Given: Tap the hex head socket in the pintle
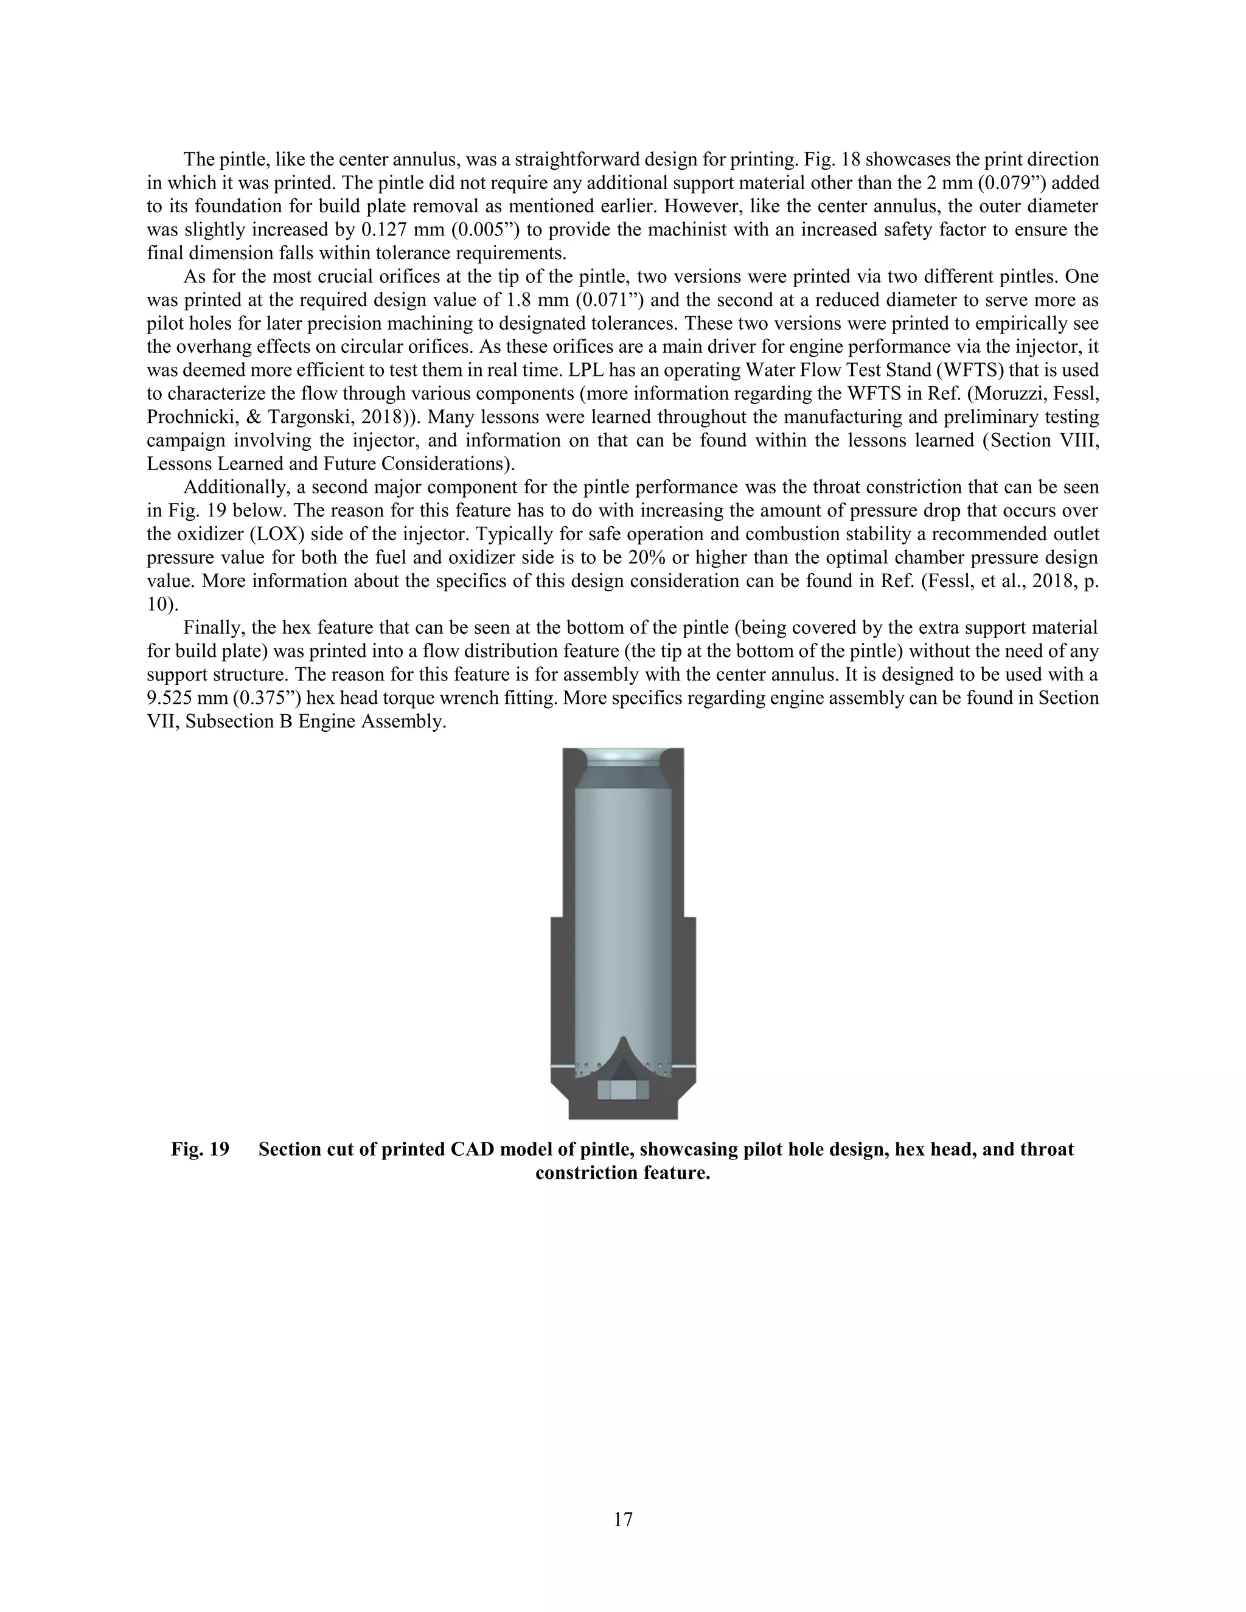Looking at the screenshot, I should click(x=622, y=1091).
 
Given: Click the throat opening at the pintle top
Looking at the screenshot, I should click(x=623, y=757).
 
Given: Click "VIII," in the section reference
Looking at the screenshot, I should click(x=1079, y=440).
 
